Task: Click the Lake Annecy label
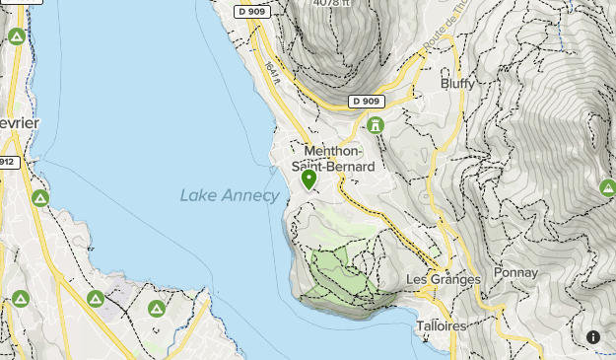(230, 195)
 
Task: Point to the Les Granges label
(444, 279)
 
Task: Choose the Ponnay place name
(516, 272)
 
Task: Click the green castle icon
(375, 125)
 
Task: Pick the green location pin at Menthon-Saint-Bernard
(308, 180)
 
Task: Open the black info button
(593, 337)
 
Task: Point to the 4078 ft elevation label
(331, 3)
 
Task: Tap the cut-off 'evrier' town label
(19, 122)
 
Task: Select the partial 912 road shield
(7, 162)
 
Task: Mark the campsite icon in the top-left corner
(16, 36)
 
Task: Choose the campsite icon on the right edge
(607, 186)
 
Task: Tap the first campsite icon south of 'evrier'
(40, 198)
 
